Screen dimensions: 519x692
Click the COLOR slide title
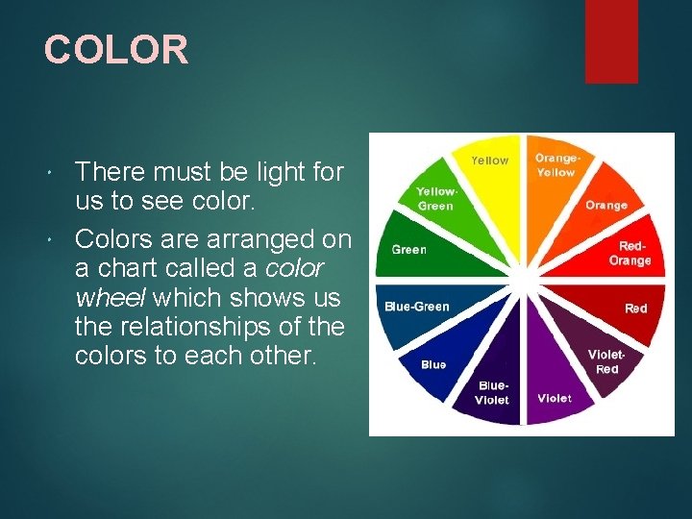[116, 50]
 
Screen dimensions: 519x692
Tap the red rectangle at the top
[611, 40]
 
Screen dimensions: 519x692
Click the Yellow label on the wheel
[489, 161]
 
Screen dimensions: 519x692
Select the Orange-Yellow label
[556, 165]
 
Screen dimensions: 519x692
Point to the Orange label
[605, 205]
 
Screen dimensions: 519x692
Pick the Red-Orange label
[630, 254]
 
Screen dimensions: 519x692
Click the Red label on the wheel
[635, 309]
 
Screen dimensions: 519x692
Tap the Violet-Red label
[606, 361]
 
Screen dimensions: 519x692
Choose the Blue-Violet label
[492, 393]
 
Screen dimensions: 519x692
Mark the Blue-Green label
[416, 307]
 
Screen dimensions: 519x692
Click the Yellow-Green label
[435, 198]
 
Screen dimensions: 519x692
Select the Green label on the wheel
[408, 250]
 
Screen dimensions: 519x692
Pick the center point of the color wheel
[522, 284]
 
